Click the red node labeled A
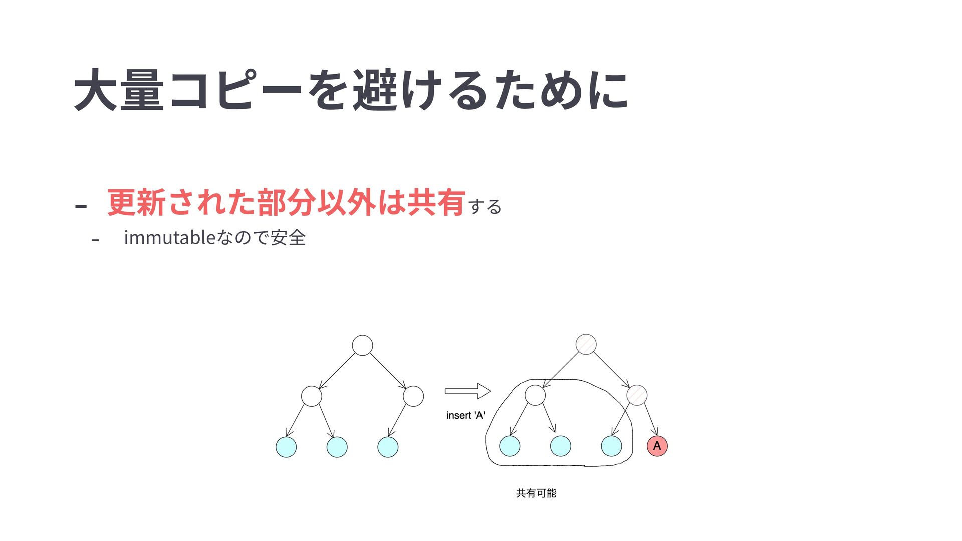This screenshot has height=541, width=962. click(657, 446)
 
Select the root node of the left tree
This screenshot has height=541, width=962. click(362, 345)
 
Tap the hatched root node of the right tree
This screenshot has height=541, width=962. click(586, 344)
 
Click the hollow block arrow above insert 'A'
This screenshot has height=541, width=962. click(467, 391)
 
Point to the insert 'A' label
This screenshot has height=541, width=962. click(465, 415)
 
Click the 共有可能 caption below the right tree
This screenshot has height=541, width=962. click(536, 493)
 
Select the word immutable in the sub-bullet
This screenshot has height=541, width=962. click(169, 237)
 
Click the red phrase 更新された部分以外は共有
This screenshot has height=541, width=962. click(286, 203)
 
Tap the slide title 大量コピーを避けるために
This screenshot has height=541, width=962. click(351, 91)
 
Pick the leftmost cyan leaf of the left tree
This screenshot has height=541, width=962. click(286, 447)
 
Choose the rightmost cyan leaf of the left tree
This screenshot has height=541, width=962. click(388, 447)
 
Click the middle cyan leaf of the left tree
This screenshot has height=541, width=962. click(337, 447)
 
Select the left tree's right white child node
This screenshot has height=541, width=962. click(413, 396)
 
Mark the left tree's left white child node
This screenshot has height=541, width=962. click(311, 396)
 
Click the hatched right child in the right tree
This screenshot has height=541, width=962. click(637, 395)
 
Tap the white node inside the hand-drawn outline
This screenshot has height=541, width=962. click(535, 395)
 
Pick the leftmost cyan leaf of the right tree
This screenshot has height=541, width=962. click(510, 446)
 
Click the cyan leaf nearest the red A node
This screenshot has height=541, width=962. click(611, 446)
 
